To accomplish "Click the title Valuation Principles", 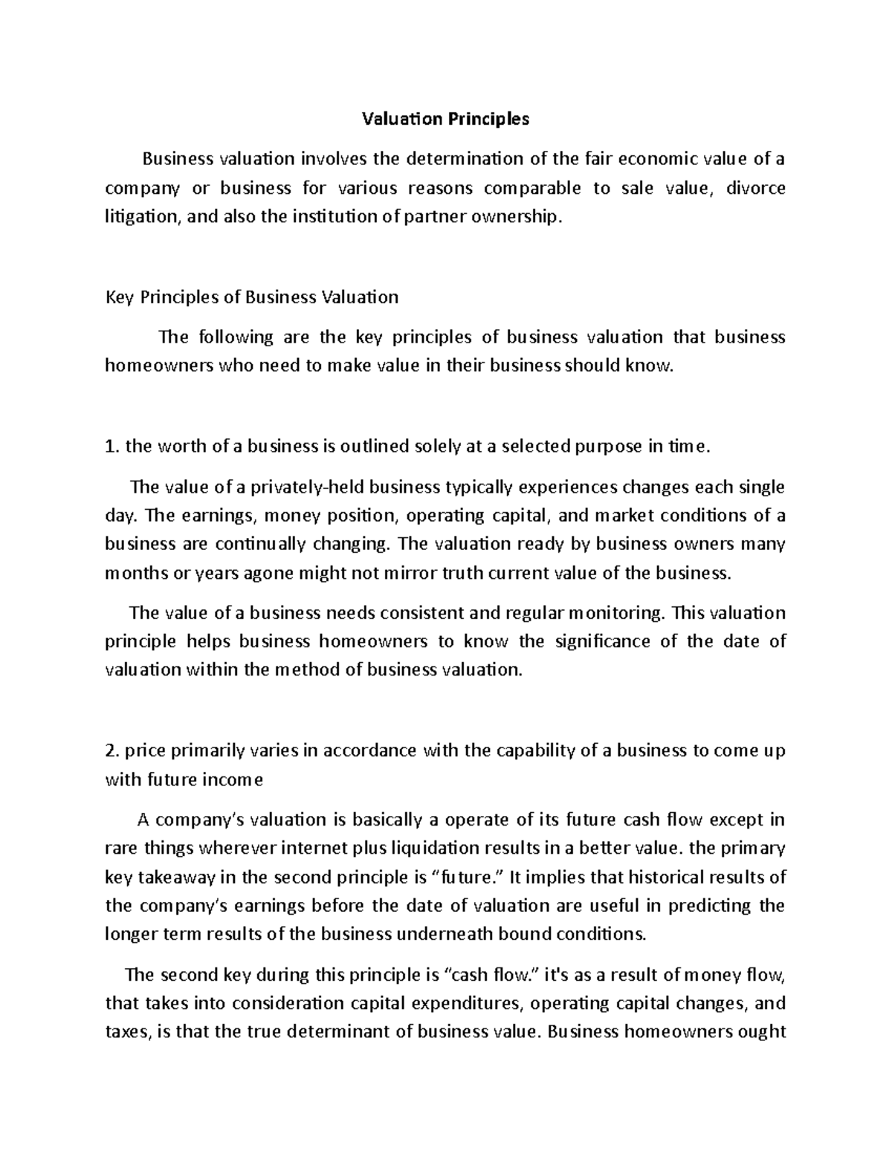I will (445, 119).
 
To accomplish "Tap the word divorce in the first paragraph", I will (755, 188).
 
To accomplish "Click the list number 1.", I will (111, 447).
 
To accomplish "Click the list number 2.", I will (111, 751).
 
